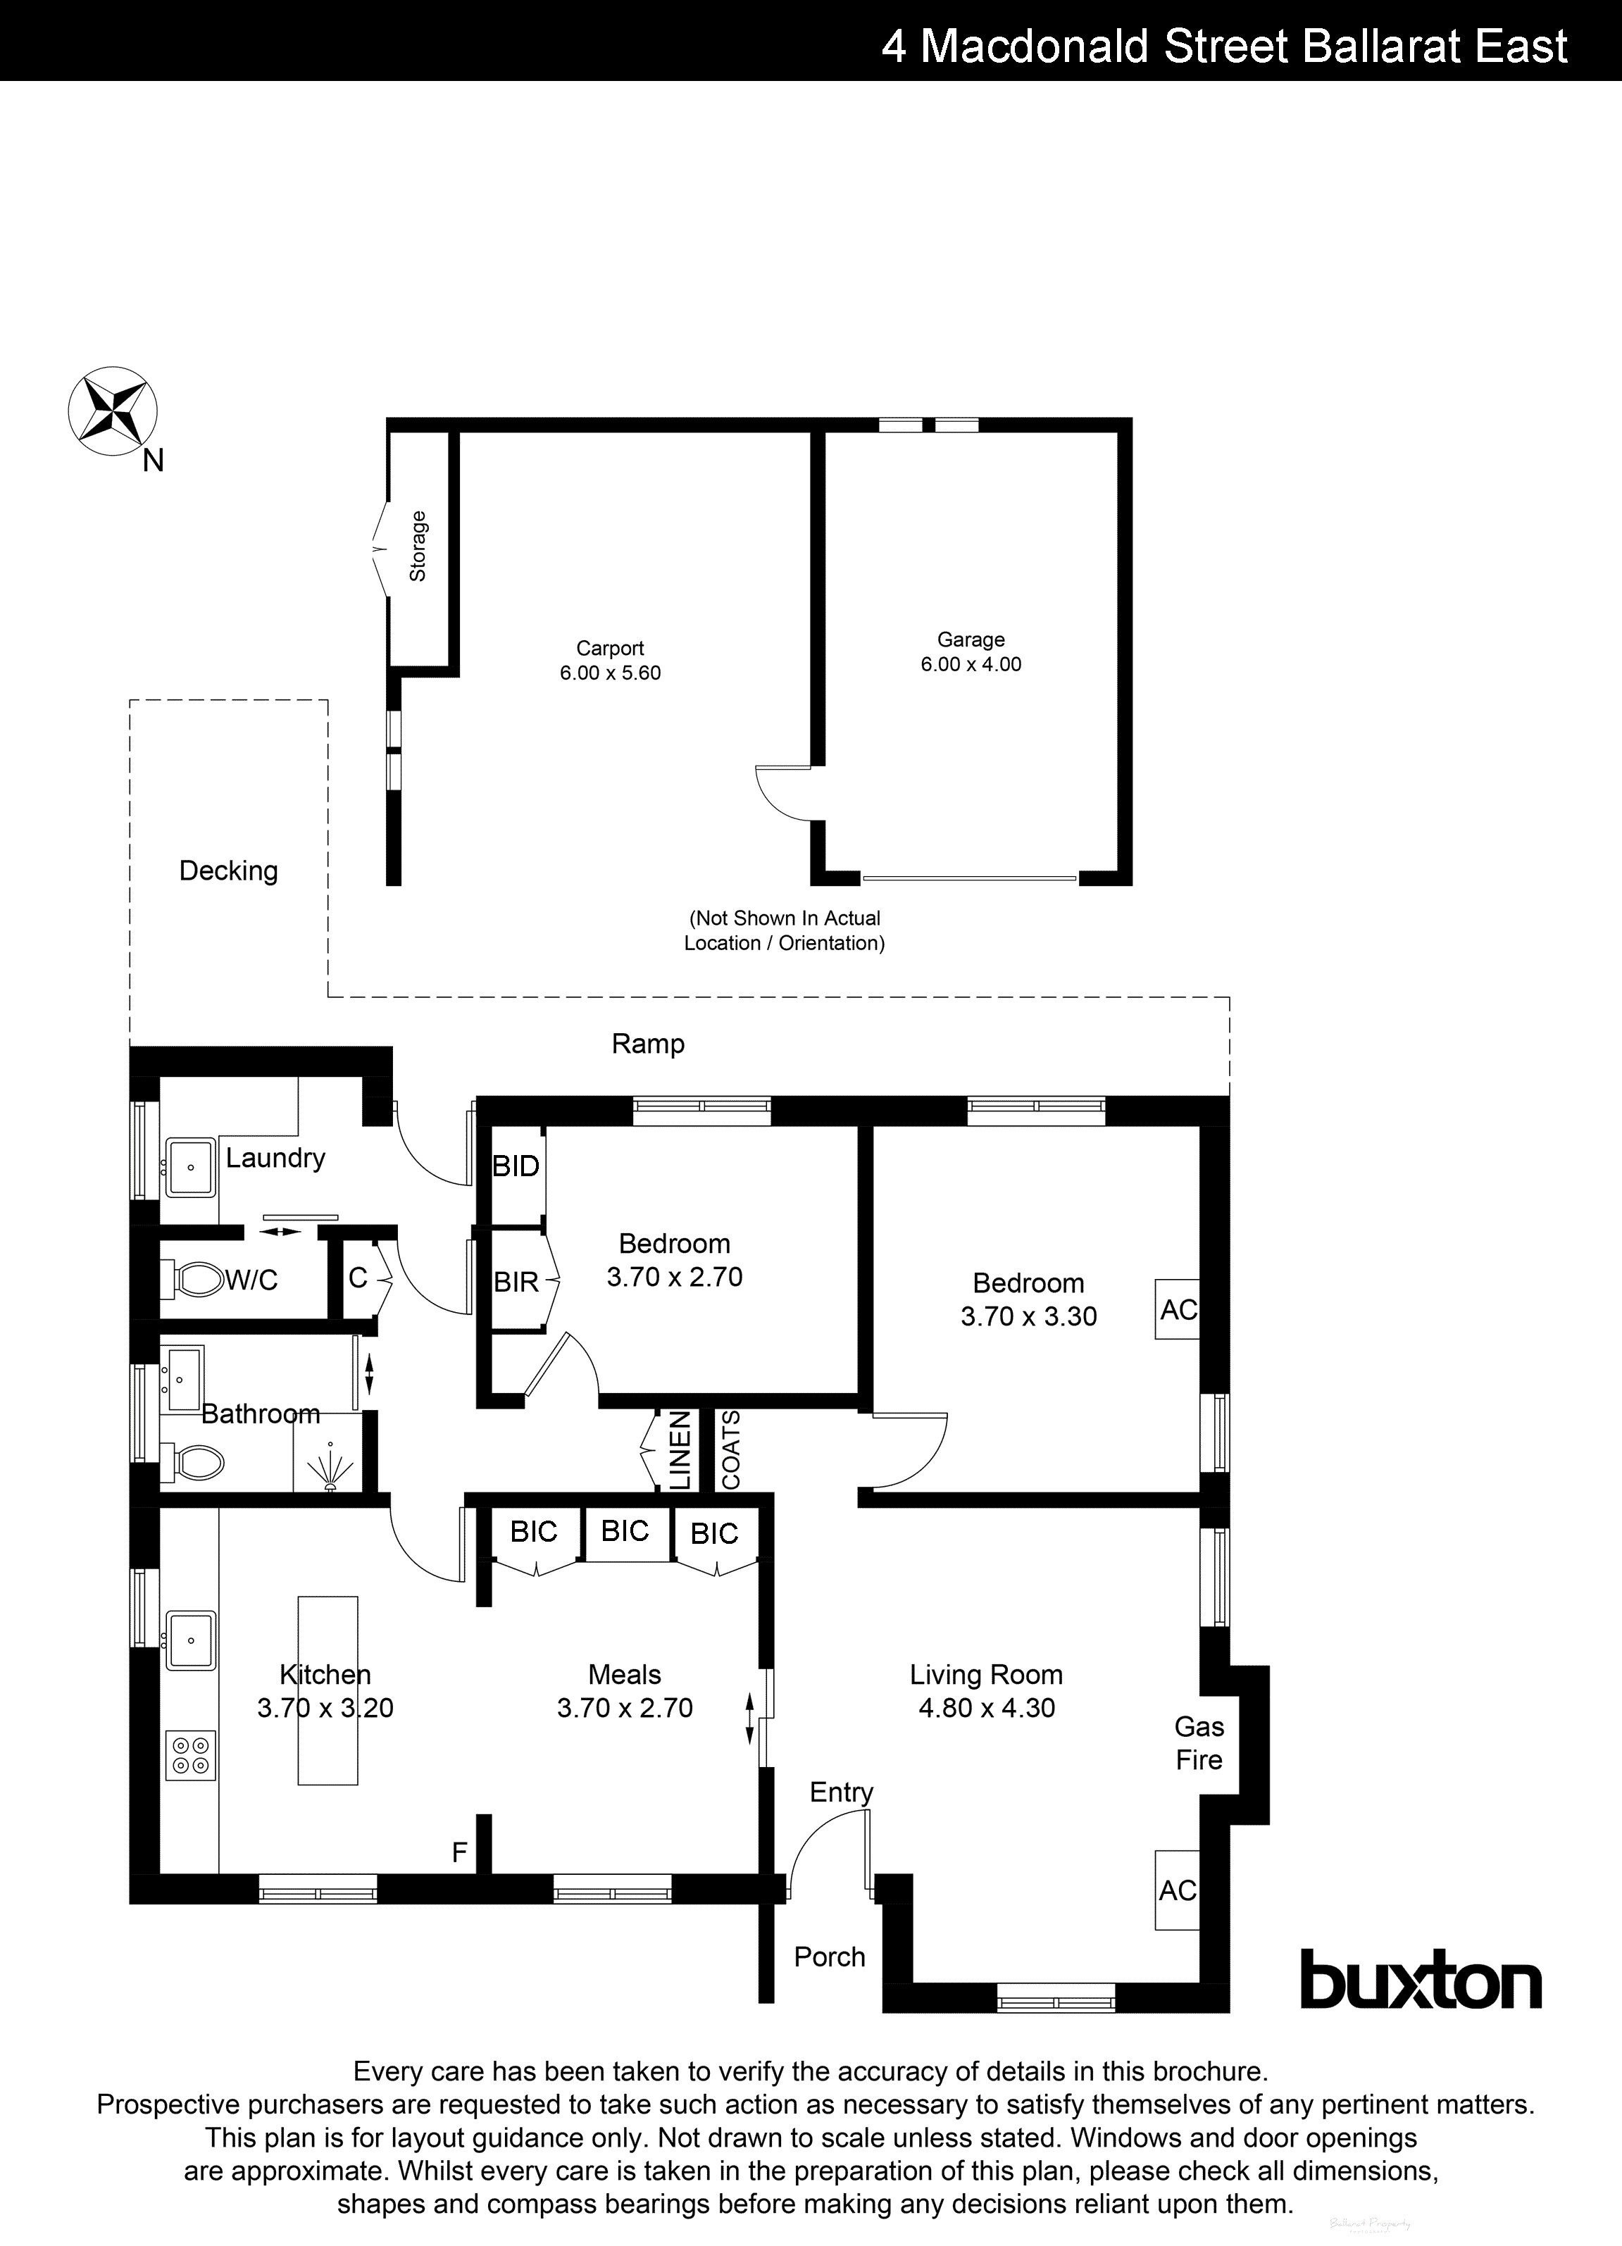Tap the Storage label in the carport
pyautogui.click(x=418, y=546)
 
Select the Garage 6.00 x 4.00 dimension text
pyautogui.click(x=971, y=663)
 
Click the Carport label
pyautogui.click(x=610, y=648)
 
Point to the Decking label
pyautogui.click(x=229, y=871)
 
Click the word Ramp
pyautogui.click(x=648, y=1043)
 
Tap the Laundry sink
pyautogui.click(x=190, y=1168)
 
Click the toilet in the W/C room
pyautogui.click(x=198, y=1280)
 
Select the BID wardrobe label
pyautogui.click(x=516, y=1166)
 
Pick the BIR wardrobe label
pyautogui.click(x=516, y=1283)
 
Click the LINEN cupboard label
pyautogui.click(x=680, y=1452)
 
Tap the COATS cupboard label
pyautogui.click(x=731, y=1450)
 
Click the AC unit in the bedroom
pyautogui.click(x=1178, y=1309)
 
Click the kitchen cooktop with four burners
pyautogui.click(x=191, y=1755)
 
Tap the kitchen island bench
pyautogui.click(x=327, y=1690)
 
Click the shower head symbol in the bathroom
pyautogui.click(x=329, y=1473)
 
